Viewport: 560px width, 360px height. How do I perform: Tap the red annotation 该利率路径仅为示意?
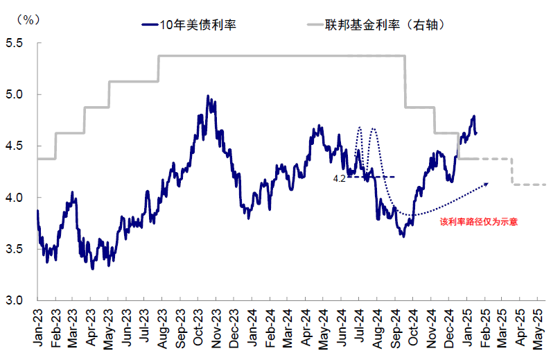coord(479,222)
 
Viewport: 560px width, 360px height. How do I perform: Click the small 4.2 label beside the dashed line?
coord(340,178)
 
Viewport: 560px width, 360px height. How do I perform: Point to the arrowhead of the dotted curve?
coord(487,184)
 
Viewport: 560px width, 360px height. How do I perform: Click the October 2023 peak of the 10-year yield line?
coord(208,96)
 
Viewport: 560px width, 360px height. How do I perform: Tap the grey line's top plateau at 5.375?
coord(277,56)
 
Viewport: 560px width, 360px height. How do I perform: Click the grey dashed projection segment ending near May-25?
coord(530,185)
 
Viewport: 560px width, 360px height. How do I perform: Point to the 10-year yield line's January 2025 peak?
coord(474,117)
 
